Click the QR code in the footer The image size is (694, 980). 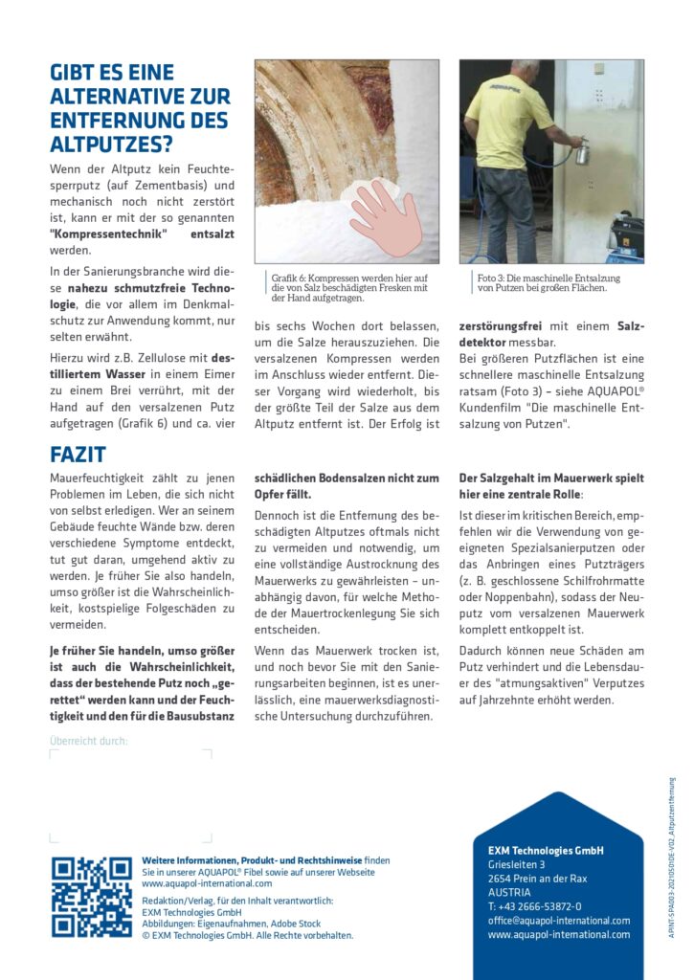[92, 897]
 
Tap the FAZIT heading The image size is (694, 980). [78, 455]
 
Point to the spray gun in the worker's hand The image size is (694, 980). [581, 151]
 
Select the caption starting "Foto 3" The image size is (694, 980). [548, 283]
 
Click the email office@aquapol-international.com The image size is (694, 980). [558, 921]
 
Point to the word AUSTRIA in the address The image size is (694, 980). [508, 892]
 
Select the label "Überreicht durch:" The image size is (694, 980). [88, 740]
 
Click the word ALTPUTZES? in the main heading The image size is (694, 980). [111, 145]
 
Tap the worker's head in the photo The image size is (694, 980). [525, 71]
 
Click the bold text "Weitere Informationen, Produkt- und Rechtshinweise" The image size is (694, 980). [252, 860]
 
